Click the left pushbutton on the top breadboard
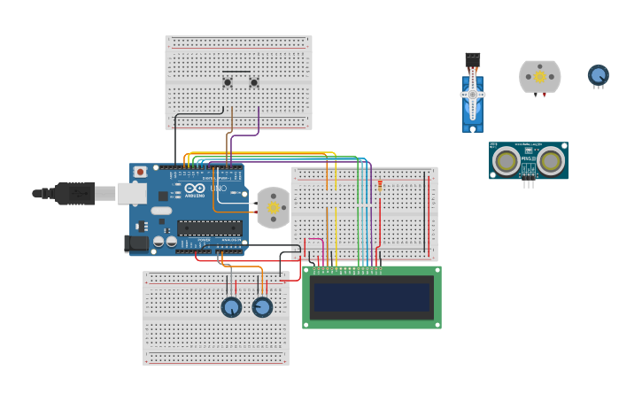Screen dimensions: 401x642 (x=228, y=83)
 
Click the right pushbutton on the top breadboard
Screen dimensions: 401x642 (x=254, y=83)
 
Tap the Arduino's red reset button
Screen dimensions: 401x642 (x=140, y=172)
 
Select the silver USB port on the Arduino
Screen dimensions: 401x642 (x=132, y=193)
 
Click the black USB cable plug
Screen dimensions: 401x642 (x=74, y=193)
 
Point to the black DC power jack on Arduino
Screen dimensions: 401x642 (x=136, y=243)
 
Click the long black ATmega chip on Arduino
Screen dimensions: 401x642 (x=209, y=227)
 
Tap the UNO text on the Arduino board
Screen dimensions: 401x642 (x=217, y=189)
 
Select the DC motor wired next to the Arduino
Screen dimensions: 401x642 (x=273, y=207)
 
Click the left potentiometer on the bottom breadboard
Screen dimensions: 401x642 (x=231, y=307)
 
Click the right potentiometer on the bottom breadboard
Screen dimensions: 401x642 (x=262, y=307)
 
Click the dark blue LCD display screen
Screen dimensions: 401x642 (x=372, y=297)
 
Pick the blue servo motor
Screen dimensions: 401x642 (x=473, y=97)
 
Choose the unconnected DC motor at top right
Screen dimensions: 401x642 (x=539, y=77)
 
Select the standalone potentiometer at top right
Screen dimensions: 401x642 (x=599, y=75)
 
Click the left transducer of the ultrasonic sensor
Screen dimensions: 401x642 (x=507, y=161)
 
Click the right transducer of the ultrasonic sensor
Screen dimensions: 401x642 (x=550, y=161)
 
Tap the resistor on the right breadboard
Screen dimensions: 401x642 (x=380, y=185)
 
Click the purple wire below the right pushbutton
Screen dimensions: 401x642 (x=259, y=120)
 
